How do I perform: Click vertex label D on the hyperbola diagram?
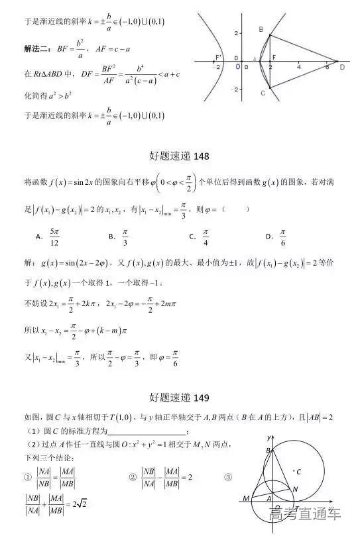pos(342,66)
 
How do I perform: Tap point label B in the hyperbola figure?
pos(261,29)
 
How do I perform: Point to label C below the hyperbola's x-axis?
pos(263,93)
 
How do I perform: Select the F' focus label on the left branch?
pos(218,58)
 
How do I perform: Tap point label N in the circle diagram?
pos(295,489)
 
